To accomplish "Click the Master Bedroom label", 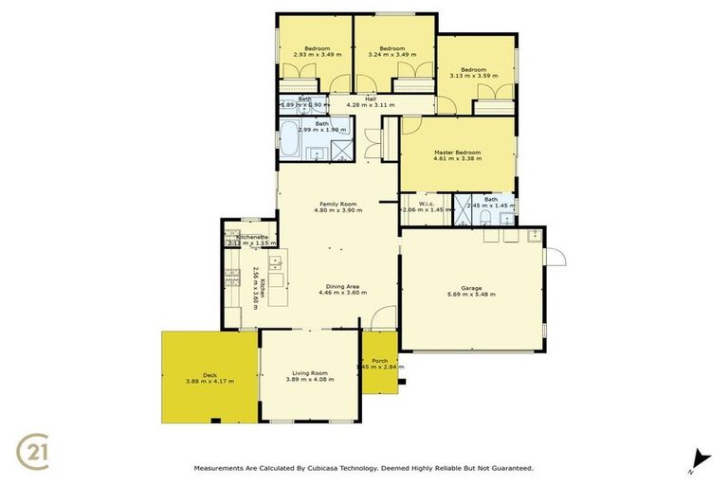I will click(458, 153).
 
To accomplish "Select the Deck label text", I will click(209, 374).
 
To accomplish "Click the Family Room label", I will click(337, 204).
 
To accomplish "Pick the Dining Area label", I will click(338, 286).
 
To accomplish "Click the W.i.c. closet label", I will click(427, 199).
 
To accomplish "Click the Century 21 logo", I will click(35, 450).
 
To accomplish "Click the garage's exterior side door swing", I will click(555, 255).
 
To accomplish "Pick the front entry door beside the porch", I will click(381, 318).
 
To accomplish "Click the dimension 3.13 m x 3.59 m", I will click(474, 77).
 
